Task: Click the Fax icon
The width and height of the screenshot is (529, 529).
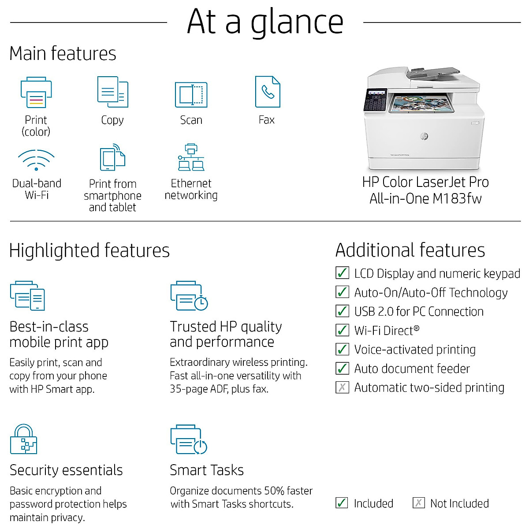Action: click(268, 92)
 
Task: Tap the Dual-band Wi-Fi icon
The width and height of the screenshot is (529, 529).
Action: click(36, 160)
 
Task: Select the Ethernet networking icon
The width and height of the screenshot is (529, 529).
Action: click(191, 157)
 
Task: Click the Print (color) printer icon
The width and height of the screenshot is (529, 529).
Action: click(36, 93)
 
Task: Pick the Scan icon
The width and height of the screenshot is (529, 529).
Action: click(191, 94)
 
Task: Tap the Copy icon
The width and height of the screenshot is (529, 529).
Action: click(112, 92)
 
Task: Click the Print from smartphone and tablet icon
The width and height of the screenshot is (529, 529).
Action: click(112, 157)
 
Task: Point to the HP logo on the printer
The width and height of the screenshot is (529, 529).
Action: click(424, 136)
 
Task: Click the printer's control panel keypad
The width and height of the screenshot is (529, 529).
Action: click(375, 100)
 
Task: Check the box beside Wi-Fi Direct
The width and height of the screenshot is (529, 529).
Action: click(342, 330)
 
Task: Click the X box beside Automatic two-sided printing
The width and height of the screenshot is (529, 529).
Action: click(342, 387)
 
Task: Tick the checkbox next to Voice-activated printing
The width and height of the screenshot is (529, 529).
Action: click(342, 349)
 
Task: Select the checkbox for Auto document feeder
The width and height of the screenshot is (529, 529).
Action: click(342, 368)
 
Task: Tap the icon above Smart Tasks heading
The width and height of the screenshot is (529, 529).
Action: click(189, 440)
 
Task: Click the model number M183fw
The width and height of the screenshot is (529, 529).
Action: click(457, 198)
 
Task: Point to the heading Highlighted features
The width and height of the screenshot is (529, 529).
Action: click(89, 250)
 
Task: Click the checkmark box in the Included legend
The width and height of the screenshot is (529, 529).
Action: click(342, 503)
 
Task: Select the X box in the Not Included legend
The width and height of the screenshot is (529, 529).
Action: click(418, 503)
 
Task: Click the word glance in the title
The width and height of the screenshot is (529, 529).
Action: click(297, 22)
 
